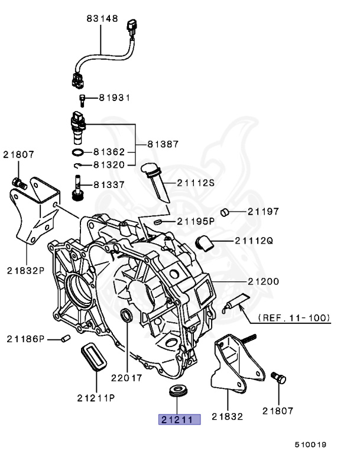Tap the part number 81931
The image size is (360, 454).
pos(114,97)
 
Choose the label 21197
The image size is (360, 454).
pos(263,211)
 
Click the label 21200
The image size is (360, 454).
pos(263,281)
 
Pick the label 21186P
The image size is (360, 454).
pos(25,339)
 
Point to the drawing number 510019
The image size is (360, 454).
pos(311,444)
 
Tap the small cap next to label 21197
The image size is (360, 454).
pos(224,212)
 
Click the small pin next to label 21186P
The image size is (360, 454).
pos(67,338)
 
